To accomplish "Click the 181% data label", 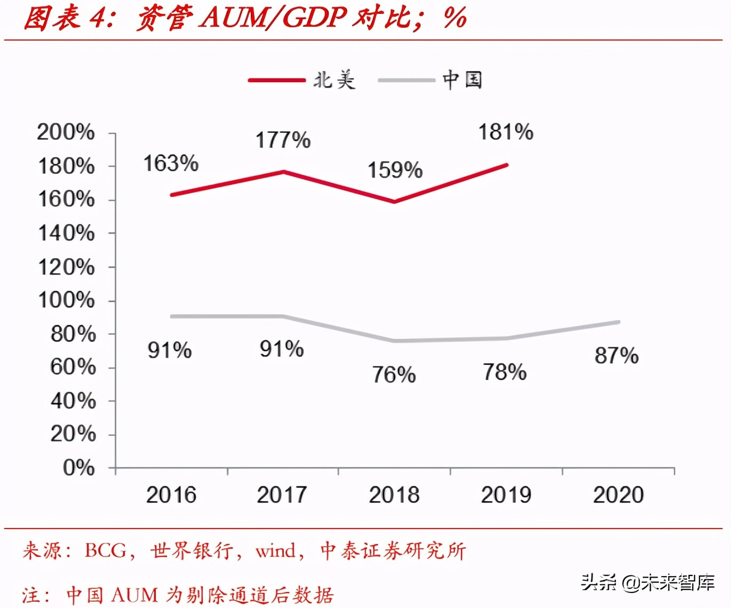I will coord(505,132).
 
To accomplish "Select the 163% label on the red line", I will coord(171,164).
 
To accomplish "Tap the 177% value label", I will coord(283,141).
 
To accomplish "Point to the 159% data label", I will coord(395,171).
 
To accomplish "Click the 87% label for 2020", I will coord(616,356).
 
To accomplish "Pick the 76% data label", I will coord(394,375).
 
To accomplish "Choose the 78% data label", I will coord(505,372).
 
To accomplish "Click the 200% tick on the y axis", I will coord(66,132).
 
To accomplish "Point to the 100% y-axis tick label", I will coord(66,300).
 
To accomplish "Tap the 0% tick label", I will coord(78,468).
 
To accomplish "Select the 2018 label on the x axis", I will coord(394,495).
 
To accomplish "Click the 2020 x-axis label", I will coord(618,495).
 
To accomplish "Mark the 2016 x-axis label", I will coord(171,495).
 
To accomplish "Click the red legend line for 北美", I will coord(276,81).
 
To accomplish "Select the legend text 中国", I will coord(462,80).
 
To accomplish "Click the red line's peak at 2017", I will coord(283,172).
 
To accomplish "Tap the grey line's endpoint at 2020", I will coord(618,322).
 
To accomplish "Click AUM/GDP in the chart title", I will coord(273,18).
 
